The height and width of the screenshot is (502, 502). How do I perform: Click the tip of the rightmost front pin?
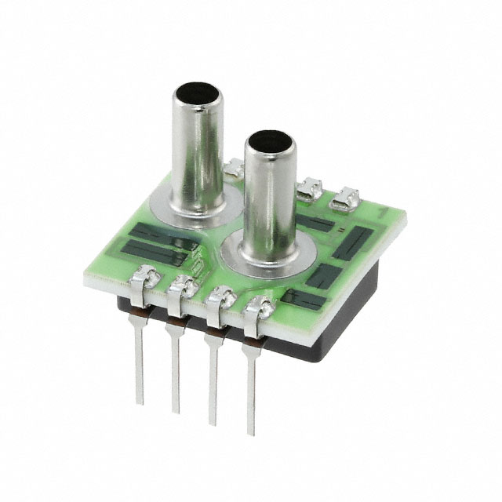tap(251, 432)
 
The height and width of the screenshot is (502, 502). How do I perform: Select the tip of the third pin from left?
tap(213, 422)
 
